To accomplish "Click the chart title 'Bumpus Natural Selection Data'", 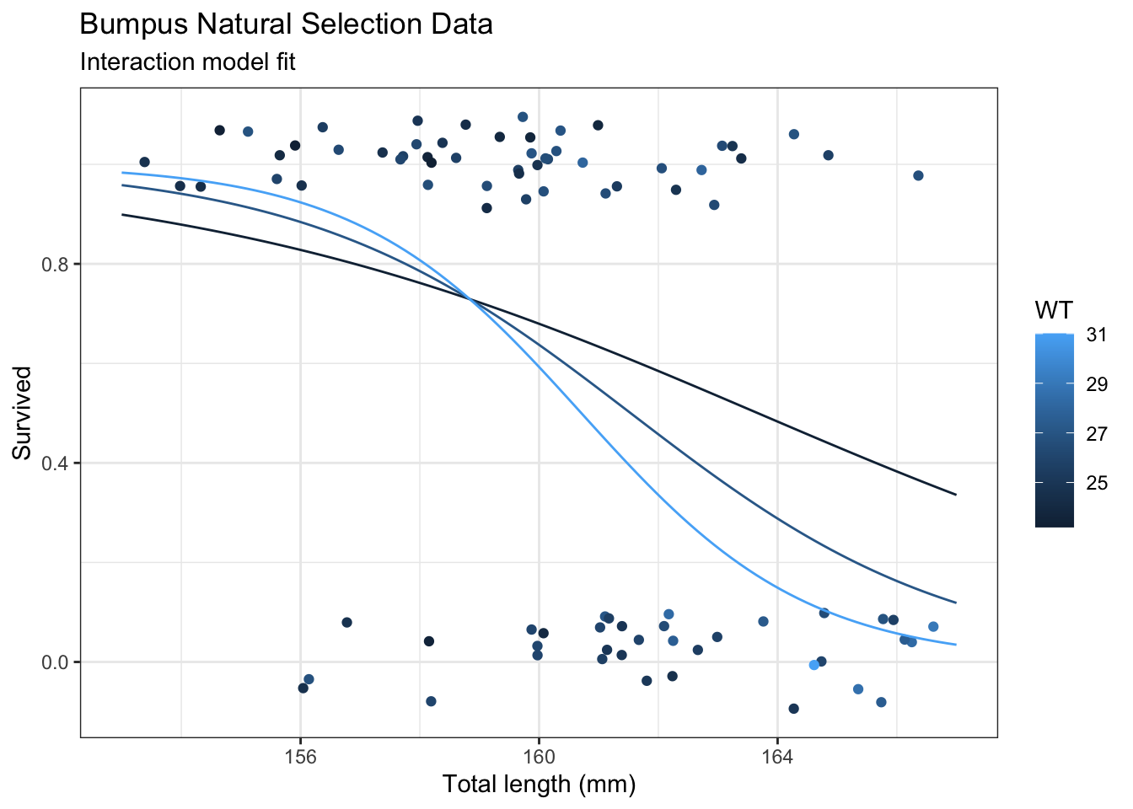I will (x=286, y=24).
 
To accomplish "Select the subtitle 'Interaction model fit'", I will (x=187, y=62).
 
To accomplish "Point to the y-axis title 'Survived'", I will (x=23, y=412).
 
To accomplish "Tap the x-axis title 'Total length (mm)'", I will (x=539, y=785).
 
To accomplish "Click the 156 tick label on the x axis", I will (x=300, y=756).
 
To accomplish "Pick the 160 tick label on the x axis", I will (x=539, y=756).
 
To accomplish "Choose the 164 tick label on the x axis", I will (x=776, y=756).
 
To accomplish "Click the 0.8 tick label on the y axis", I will (x=55, y=264).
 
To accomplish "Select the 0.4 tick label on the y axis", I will (x=55, y=463).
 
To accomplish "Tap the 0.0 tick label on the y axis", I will (x=55, y=662).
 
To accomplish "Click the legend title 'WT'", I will (x=1054, y=311).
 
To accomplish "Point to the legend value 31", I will (x=1096, y=335).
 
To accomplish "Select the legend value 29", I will (x=1096, y=384).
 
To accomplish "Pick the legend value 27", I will (x=1096, y=434).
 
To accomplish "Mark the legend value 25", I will (x=1096, y=483).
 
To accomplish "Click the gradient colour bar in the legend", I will (x=1055, y=430).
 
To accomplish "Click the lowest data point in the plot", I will (x=793, y=708).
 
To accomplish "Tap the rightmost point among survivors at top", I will (x=918, y=175).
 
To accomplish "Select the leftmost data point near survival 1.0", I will (x=144, y=162).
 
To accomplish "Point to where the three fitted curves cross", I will (x=469, y=298).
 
